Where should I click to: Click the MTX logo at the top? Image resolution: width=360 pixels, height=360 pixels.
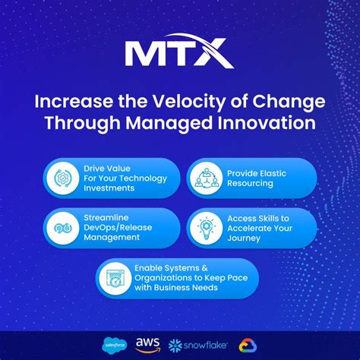(x=179, y=54)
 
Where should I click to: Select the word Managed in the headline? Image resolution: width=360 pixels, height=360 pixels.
(x=179, y=123)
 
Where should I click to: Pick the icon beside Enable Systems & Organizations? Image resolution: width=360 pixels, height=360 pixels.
(x=117, y=279)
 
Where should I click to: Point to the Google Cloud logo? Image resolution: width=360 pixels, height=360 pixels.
(x=246, y=345)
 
